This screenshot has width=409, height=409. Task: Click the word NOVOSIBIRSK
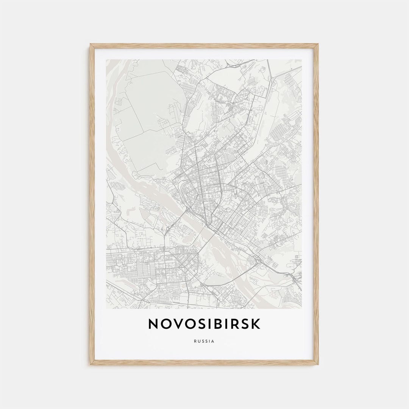[204, 324]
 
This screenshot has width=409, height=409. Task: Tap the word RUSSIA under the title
[204, 341]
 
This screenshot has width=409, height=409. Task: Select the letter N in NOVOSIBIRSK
[154, 324]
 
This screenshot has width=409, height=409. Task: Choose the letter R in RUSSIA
[195, 341]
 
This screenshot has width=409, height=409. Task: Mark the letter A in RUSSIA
[213, 341]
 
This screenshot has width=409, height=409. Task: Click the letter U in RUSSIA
[199, 341]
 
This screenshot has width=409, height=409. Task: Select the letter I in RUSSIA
[210, 341]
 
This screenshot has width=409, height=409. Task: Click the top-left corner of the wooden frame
[91, 44]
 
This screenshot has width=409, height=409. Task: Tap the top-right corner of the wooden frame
[318, 44]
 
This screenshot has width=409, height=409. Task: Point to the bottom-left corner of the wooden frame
[91, 364]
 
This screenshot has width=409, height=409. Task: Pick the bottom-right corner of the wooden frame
[318, 364]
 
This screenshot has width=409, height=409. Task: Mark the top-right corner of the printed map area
[302, 59]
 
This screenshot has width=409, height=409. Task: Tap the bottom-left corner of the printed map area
[106, 308]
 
